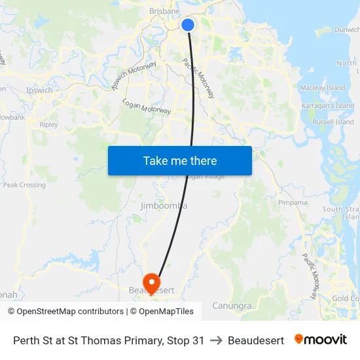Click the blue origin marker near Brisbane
pyautogui.click(x=188, y=25)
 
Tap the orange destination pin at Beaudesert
pyautogui.click(x=151, y=283)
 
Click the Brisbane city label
pyautogui.click(x=164, y=11)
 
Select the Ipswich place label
pyautogui.click(x=39, y=90)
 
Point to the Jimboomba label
pyautogui.click(x=164, y=206)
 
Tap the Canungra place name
pyautogui.click(x=232, y=306)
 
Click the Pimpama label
pyautogui.click(x=292, y=203)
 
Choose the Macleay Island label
pyautogui.click(x=322, y=88)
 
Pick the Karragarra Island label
pyautogui.click(x=327, y=105)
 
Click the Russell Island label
pyautogui.click(x=333, y=122)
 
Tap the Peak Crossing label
pyautogui.click(x=25, y=185)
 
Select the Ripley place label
pyautogui.click(x=48, y=124)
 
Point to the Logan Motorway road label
pyautogui.click(x=147, y=107)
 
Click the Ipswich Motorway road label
pyautogui.click(x=134, y=75)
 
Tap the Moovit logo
pyautogui.click(x=321, y=340)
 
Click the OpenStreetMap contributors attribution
pyautogui.click(x=65, y=312)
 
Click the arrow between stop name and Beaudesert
pyautogui.click(x=216, y=340)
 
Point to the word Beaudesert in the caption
pyautogui.click(x=256, y=340)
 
